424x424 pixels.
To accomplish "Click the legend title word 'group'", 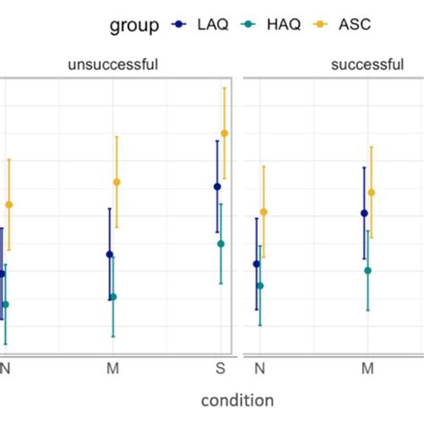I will tap(135, 26).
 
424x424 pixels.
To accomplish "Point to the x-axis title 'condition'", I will tap(237, 400).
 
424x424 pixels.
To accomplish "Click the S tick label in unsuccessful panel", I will tap(221, 368).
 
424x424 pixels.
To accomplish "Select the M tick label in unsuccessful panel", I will tap(113, 368).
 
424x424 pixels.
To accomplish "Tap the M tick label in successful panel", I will tap(367, 368).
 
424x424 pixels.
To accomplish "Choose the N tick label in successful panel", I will tap(259, 368).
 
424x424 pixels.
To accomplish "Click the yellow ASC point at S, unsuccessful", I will tap(225, 133).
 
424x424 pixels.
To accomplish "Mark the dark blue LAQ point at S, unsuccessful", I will tap(217, 186).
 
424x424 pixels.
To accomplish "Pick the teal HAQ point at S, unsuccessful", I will tap(221, 243).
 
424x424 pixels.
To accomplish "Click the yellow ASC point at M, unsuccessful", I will tap(116, 182).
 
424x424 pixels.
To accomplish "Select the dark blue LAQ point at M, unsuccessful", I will tap(109, 254).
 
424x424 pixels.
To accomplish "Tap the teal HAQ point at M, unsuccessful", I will tap(113, 297).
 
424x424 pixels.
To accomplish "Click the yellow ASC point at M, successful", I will tap(371, 192).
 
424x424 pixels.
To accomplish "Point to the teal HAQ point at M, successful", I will tap(368, 270).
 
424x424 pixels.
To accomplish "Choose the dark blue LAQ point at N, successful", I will tap(257, 264).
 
